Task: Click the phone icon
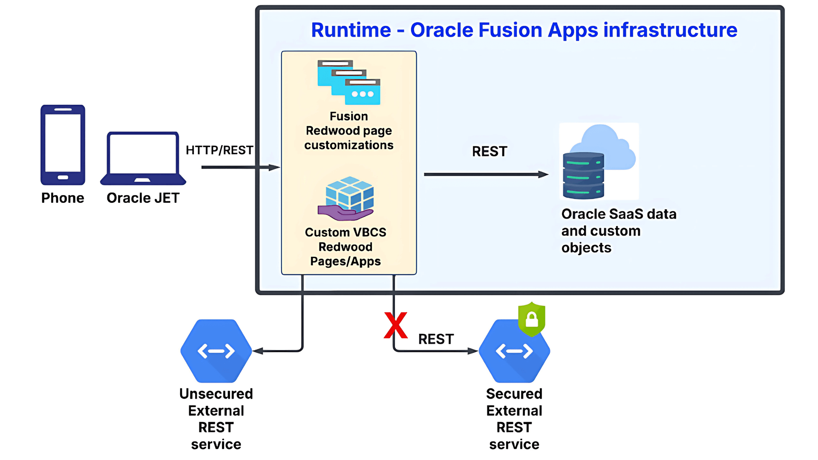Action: click(63, 145)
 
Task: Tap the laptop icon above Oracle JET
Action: click(143, 158)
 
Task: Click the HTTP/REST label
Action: click(219, 150)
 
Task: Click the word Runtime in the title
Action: click(351, 30)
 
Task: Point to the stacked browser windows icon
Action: click(349, 82)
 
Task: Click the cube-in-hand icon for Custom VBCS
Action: click(347, 198)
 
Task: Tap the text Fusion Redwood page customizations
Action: click(349, 131)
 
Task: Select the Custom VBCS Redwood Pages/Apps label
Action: click(346, 247)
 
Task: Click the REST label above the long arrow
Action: click(490, 151)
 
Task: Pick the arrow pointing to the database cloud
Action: click(486, 174)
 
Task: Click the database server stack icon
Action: click(583, 175)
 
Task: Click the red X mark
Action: click(395, 325)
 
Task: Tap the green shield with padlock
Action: click(531, 319)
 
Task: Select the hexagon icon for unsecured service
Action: click(216, 351)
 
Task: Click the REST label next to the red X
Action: click(436, 339)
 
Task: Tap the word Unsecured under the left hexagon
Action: click(216, 394)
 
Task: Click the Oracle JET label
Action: click(143, 198)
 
